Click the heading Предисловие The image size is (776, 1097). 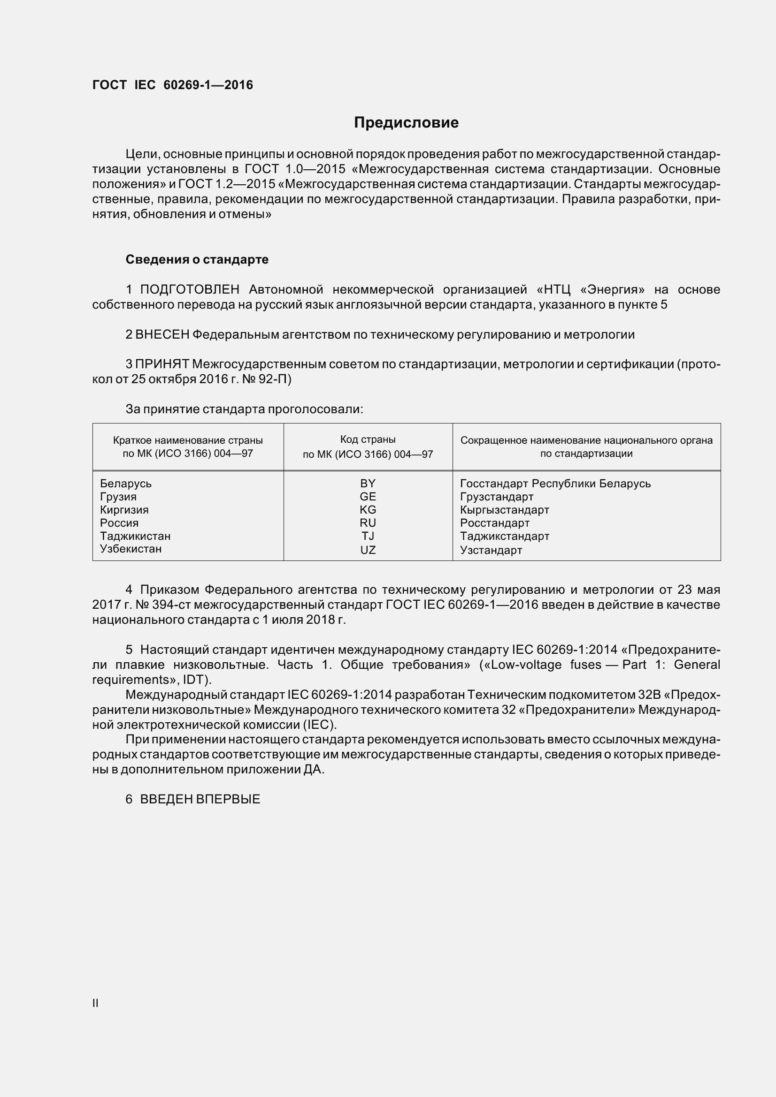(x=406, y=123)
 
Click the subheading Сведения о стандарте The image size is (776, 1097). (x=197, y=259)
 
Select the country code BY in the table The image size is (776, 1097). (x=368, y=483)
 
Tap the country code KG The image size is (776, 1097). (x=368, y=509)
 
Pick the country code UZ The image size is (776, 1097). (x=368, y=550)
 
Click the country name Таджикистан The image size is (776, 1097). (x=135, y=536)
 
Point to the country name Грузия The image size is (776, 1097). (x=118, y=496)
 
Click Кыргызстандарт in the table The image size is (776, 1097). (x=505, y=509)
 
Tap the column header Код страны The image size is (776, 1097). (x=368, y=439)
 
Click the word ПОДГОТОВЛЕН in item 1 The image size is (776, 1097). (x=189, y=289)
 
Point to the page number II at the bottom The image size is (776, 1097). (x=95, y=1003)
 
